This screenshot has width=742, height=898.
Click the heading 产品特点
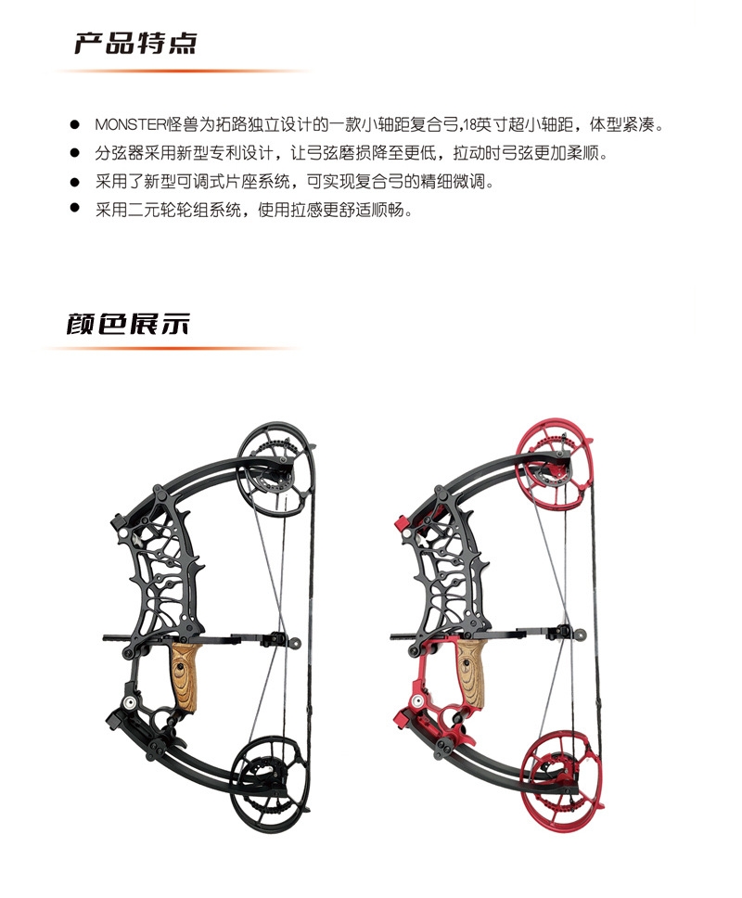135,44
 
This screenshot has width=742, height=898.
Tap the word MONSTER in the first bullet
130,124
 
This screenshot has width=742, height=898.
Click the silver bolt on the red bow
418,702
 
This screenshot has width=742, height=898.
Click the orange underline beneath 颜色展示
172,349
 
